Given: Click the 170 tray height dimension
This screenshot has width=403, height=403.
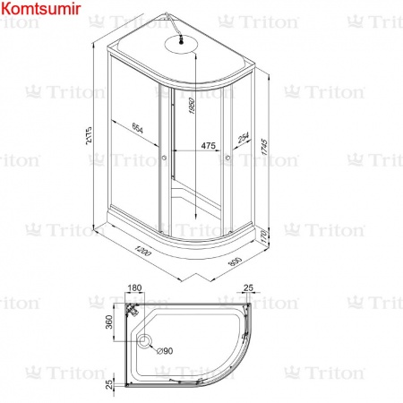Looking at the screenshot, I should pos(265,237).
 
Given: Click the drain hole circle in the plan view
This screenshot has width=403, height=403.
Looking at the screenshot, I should pos(145,341).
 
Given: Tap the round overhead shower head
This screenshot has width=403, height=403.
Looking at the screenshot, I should pos(181,42).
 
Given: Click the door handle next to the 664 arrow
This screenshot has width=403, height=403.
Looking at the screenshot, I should pos(164,162).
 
